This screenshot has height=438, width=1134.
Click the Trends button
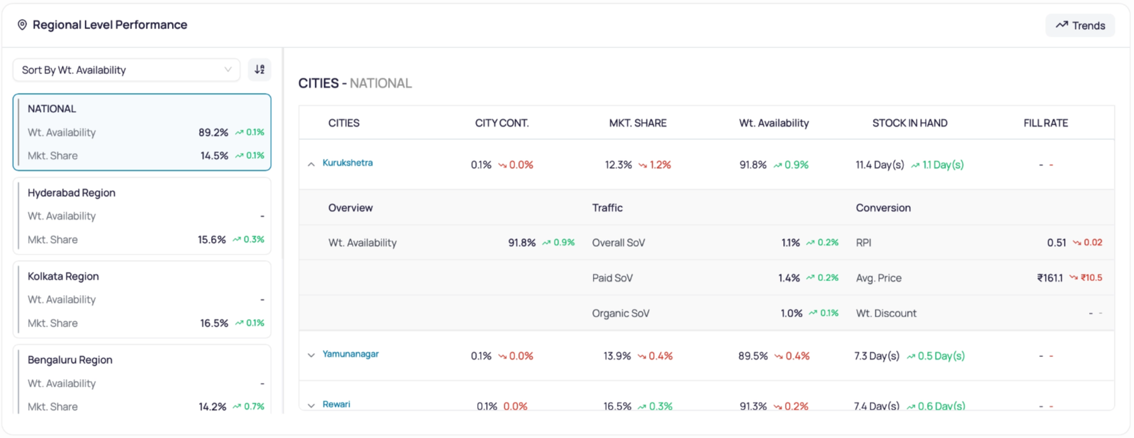tap(1080, 25)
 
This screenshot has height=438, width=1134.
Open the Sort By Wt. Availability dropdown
tap(126, 70)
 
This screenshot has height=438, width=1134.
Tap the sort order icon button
tap(259, 70)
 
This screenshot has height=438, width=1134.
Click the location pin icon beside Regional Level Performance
tap(22, 25)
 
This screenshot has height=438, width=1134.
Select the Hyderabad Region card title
tap(71, 192)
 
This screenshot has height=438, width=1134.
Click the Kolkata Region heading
tap(63, 276)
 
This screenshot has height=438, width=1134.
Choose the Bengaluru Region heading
tap(70, 360)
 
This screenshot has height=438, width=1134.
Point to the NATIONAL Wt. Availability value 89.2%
tap(213, 132)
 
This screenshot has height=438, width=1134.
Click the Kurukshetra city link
tap(348, 163)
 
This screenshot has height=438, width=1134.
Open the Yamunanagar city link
tap(351, 354)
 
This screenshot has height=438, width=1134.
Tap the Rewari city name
tap(336, 404)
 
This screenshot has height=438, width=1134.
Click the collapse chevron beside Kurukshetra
tap(311, 165)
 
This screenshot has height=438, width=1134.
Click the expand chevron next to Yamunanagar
tap(311, 355)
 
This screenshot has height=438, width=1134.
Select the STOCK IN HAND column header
tap(910, 123)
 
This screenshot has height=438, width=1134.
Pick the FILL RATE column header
tap(1046, 123)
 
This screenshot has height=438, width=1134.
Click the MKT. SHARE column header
tap(638, 123)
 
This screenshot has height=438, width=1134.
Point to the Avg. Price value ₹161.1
tap(1050, 278)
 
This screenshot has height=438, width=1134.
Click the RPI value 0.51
tap(1056, 242)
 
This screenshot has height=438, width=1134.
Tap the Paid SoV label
tap(613, 278)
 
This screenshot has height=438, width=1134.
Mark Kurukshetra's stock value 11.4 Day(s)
tap(880, 165)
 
